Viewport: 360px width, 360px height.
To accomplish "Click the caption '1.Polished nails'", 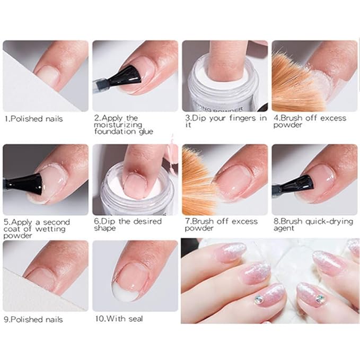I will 33,119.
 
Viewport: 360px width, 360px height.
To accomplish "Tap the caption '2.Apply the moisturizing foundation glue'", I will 124,125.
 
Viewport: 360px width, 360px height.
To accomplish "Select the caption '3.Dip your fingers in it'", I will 226,121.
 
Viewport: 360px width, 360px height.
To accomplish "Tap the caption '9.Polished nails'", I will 33,320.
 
